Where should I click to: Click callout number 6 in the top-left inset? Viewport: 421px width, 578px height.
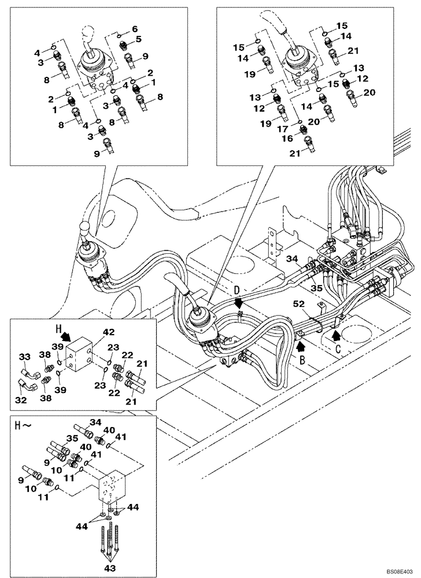click(134, 28)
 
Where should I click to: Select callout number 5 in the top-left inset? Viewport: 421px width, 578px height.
click(138, 39)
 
